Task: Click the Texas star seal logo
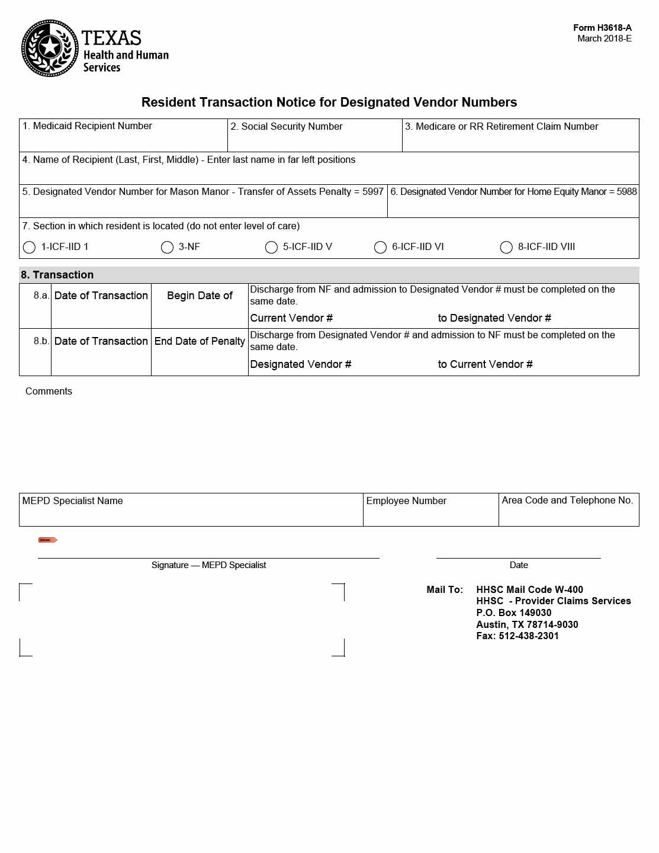tap(50, 49)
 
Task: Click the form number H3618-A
tap(602, 28)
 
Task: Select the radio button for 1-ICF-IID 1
tap(29, 248)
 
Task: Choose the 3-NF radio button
tap(167, 248)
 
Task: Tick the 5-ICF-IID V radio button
tap(271, 248)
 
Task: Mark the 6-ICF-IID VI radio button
tap(380, 248)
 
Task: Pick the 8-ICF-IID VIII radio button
tap(506, 248)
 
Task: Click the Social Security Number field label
tap(287, 127)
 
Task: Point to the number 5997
tap(373, 192)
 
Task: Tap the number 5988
tap(626, 192)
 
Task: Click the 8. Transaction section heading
tap(57, 275)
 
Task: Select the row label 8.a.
tap(41, 296)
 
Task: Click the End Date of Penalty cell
tap(200, 342)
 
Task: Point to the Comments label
tap(49, 392)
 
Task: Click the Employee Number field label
tap(406, 501)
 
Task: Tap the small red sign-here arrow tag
tap(47, 540)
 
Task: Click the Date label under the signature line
tap(519, 566)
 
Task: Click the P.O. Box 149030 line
tap(513, 613)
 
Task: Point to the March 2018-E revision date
tap(604, 39)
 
